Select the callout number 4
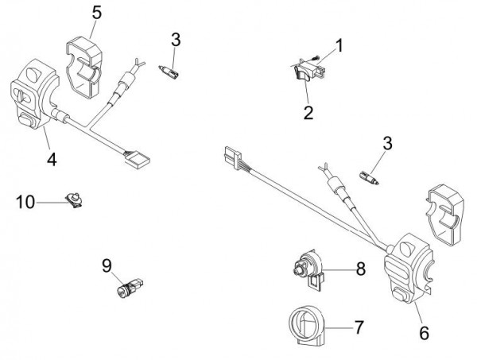tap(51, 159)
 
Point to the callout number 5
tap(97, 12)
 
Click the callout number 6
tap(423, 334)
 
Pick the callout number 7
tap(359, 326)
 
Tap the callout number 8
tap(360, 269)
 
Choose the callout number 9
tap(106, 264)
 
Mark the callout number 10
tap(25, 202)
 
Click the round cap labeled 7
tap(306, 326)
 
